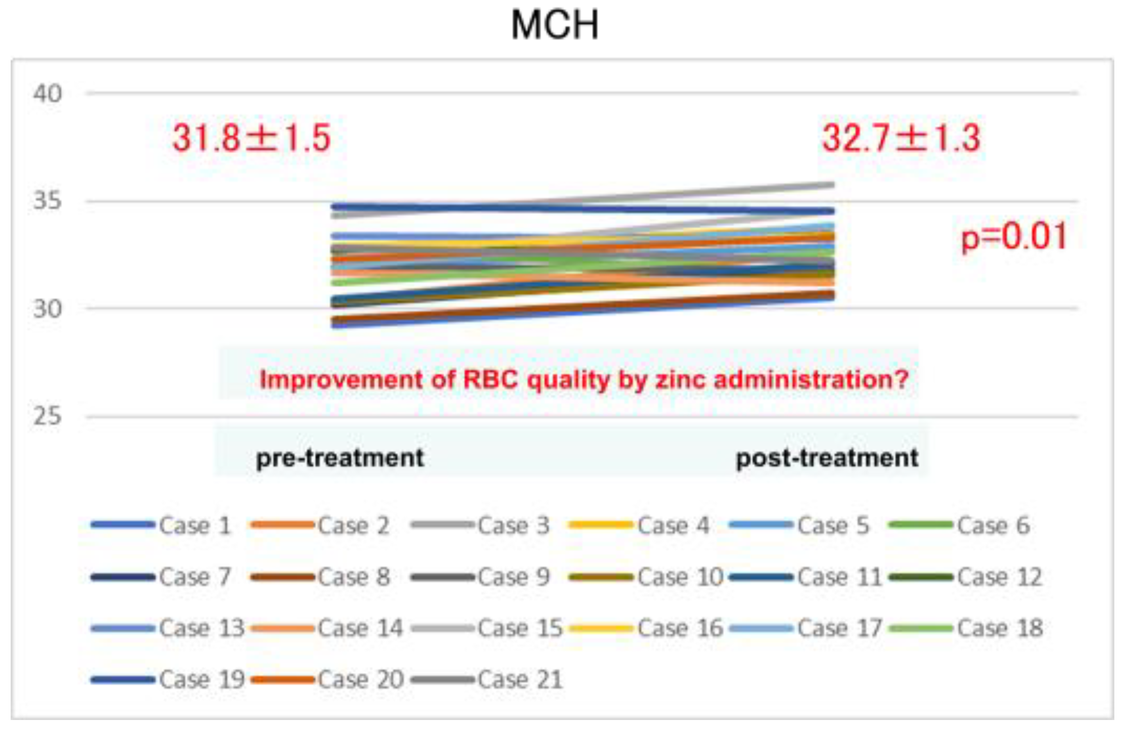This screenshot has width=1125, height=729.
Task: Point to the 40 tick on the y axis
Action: coord(47,93)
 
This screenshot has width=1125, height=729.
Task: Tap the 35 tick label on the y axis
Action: coord(47,201)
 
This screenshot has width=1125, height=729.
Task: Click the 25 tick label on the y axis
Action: coord(47,416)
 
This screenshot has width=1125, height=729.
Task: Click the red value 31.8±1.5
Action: coord(252,138)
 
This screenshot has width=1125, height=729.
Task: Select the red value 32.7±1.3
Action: coord(901,138)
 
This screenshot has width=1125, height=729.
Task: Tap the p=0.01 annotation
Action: coord(1014,236)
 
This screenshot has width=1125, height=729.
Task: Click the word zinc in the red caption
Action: coord(680,379)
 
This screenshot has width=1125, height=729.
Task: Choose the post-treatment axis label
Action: coord(827,458)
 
